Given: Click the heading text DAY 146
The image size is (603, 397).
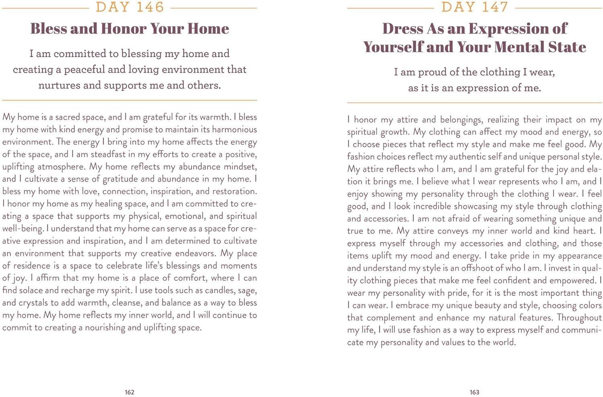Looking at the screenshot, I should pyautogui.click(x=129, y=7).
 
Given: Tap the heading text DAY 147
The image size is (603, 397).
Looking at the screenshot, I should pyautogui.click(x=474, y=7).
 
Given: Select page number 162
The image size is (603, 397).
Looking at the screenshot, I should pyautogui.click(x=129, y=392).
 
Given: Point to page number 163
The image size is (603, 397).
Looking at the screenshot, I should pyautogui.click(x=474, y=392).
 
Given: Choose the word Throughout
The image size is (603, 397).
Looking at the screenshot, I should pyautogui.click(x=579, y=318).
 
